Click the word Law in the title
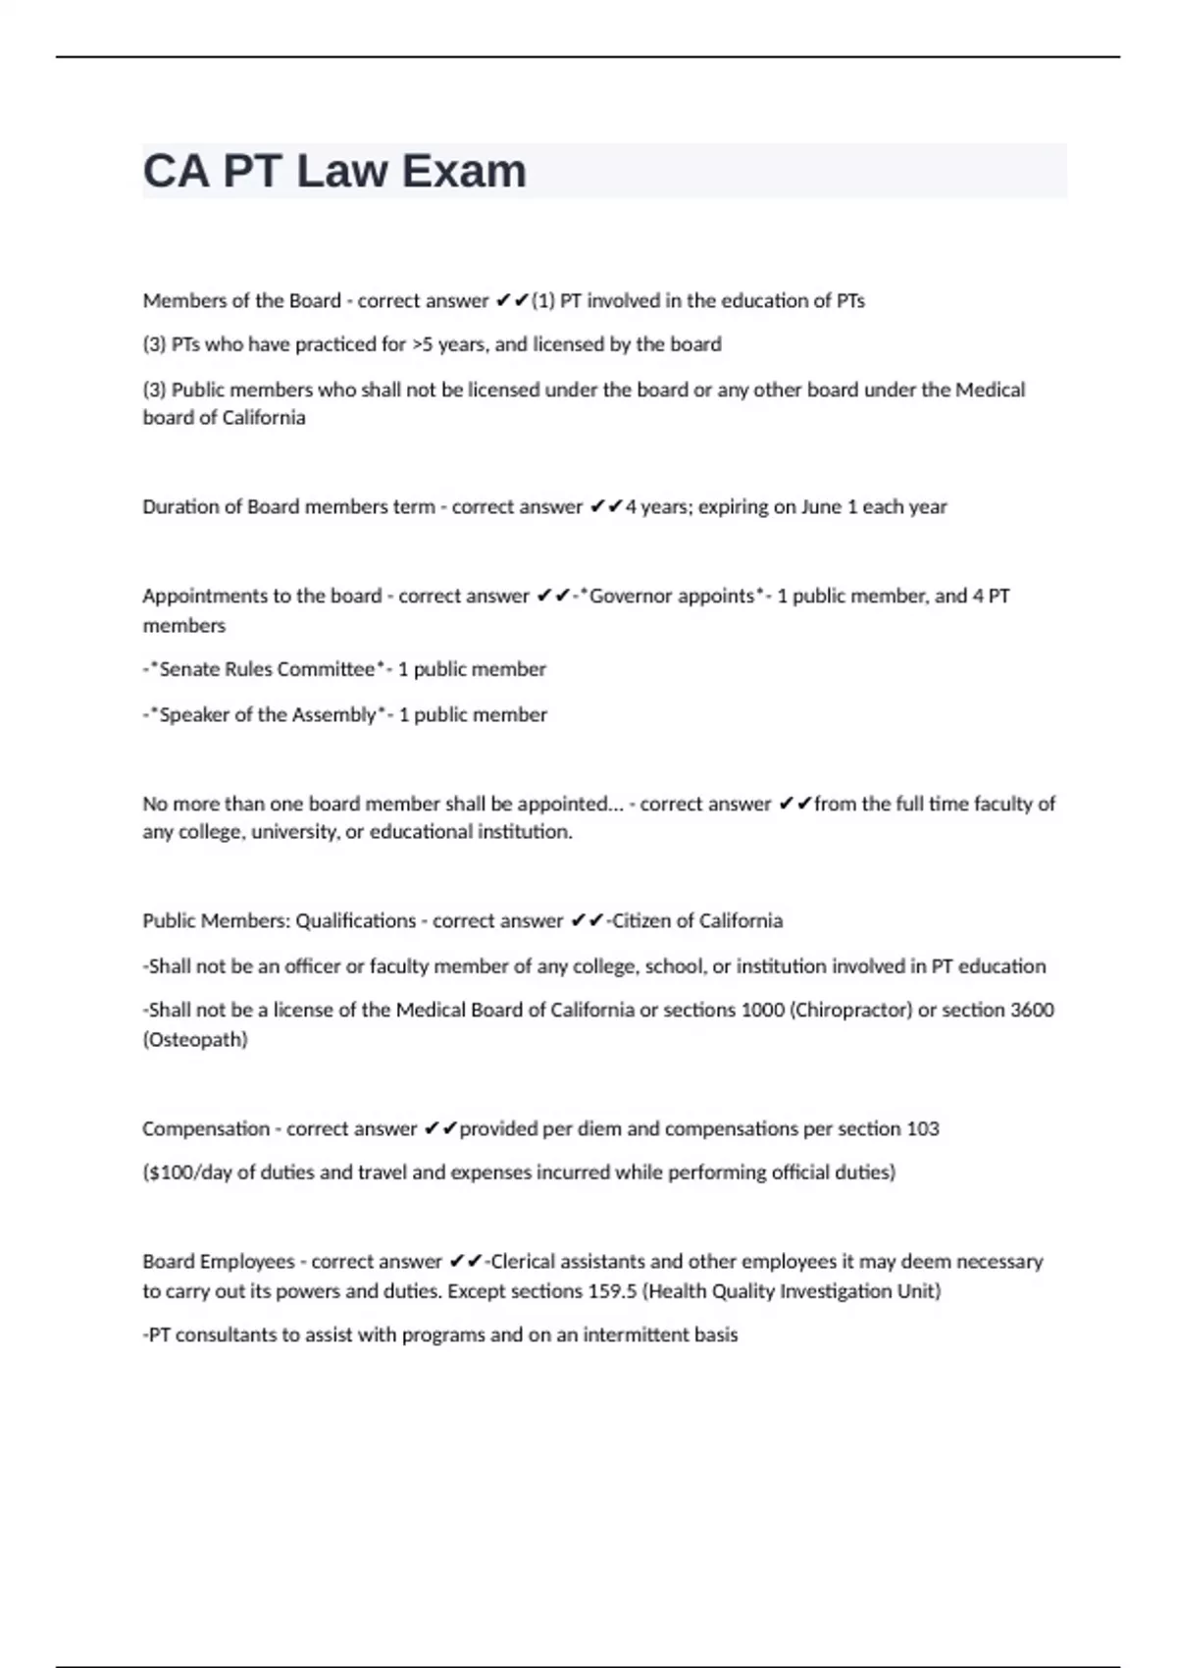[341, 171]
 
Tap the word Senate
[186, 669]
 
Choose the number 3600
[1032, 1010]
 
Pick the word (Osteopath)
[195, 1039]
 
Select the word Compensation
[206, 1128]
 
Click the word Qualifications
[356, 921]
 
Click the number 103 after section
[922, 1128]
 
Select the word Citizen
[647, 921]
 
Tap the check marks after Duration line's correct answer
[606, 507]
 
